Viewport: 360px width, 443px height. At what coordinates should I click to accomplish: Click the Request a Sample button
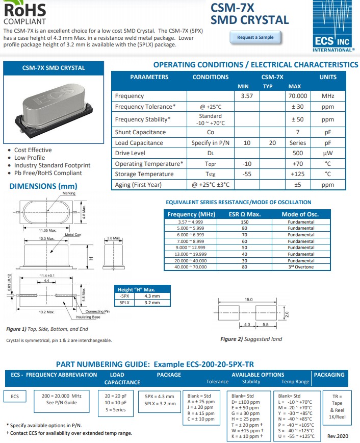255,37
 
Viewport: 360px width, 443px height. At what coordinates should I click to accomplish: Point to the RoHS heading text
24,9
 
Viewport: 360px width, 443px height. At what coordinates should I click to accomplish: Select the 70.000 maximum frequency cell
298,96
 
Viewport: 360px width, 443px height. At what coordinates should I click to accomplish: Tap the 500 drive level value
298,153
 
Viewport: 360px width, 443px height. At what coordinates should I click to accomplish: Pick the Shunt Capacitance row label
140,132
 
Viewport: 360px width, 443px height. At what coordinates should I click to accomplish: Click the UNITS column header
327,77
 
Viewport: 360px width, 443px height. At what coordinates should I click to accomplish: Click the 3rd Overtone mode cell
300,267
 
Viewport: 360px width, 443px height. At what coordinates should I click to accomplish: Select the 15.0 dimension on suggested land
249,300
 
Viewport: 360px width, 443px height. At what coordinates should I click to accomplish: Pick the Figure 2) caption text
250,339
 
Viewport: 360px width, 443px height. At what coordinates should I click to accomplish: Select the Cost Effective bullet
33,150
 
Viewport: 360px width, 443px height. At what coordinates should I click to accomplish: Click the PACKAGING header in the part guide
329,375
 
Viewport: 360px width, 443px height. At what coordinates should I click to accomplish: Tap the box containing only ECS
15,396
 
